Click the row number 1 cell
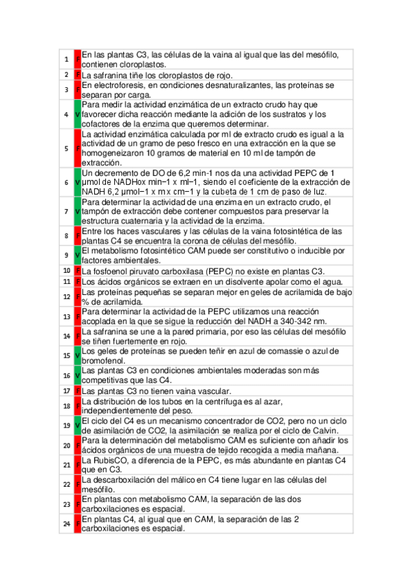tap(66, 59)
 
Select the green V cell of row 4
tap(77, 113)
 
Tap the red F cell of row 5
tap(77, 148)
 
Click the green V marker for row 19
tap(77, 425)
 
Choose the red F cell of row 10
tap(77, 271)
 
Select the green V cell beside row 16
tap(77, 375)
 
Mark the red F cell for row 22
tap(77, 484)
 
